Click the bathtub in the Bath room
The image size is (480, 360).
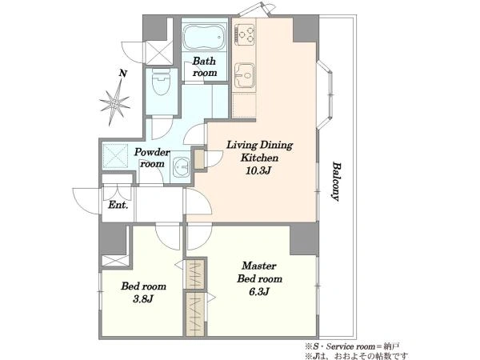point(204,38)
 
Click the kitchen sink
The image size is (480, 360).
point(244,75)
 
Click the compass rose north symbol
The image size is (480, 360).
point(114,103)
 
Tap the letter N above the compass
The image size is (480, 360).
point(123,74)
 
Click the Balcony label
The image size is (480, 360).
point(337,182)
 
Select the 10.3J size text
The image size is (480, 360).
point(258,170)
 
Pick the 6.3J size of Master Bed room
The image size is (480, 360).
point(258,292)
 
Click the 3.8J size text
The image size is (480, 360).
point(142,298)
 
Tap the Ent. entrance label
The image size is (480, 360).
point(118,205)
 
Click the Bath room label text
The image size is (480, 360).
point(205,66)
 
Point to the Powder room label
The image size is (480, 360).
point(152,158)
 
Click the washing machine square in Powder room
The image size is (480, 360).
point(115,156)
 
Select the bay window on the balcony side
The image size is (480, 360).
point(325,94)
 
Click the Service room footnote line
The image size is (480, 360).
point(352,346)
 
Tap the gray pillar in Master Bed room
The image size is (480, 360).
point(304,238)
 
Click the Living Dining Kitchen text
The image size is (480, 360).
point(259,151)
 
